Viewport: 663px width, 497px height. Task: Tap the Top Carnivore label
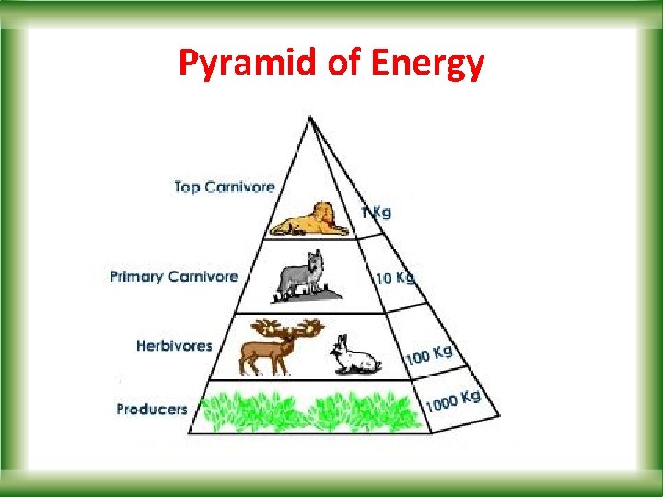point(225,187)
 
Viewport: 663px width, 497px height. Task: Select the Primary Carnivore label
point(174,276)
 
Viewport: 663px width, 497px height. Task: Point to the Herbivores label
point(174,346)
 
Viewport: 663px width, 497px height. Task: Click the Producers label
point(152,409)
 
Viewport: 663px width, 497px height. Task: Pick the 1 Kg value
point(376,213)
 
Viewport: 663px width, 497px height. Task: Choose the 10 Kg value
point(394,277)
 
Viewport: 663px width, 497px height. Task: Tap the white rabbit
point(355,356)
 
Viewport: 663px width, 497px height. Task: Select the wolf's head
point(316,260)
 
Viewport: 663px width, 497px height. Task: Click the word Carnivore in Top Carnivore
point(240,187)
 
